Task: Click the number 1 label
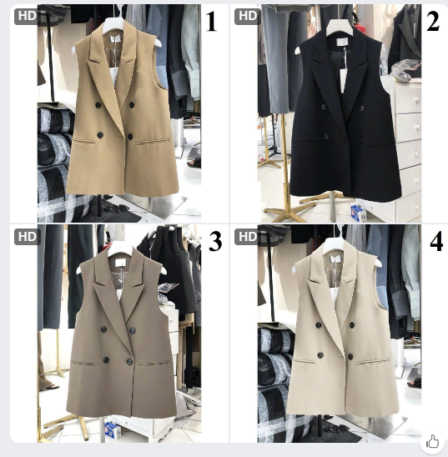pyautogui.click(x=212, y=22)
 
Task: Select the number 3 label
pyautogui.click(x=216, y=241)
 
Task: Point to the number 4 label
pyautogui.click(x=436, y=242)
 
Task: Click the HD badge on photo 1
pyautogui.click(x=27, y=17)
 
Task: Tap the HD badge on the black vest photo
pyautogui.click(x=248, y=17)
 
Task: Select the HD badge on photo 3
pyautogui.click(x=27, y=237)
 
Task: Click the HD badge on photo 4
pyautogui.click(x=248, y=237)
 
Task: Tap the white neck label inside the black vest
pyautogui.click(x=343, y=42)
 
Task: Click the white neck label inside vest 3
pyautogui.click(x=120, y=263)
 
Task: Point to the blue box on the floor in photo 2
pyautogui.click(x=358, y=213)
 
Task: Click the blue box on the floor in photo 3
pyautogui.click(x=113, y=430)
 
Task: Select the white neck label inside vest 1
pyautogui.click(x=116, y=38)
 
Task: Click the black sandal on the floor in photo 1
pyautogui.click(x=194, y=163)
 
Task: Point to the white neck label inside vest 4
pyautogui.click(x=335, y=259)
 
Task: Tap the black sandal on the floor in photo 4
pyautogui.click(x=415, y=383)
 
